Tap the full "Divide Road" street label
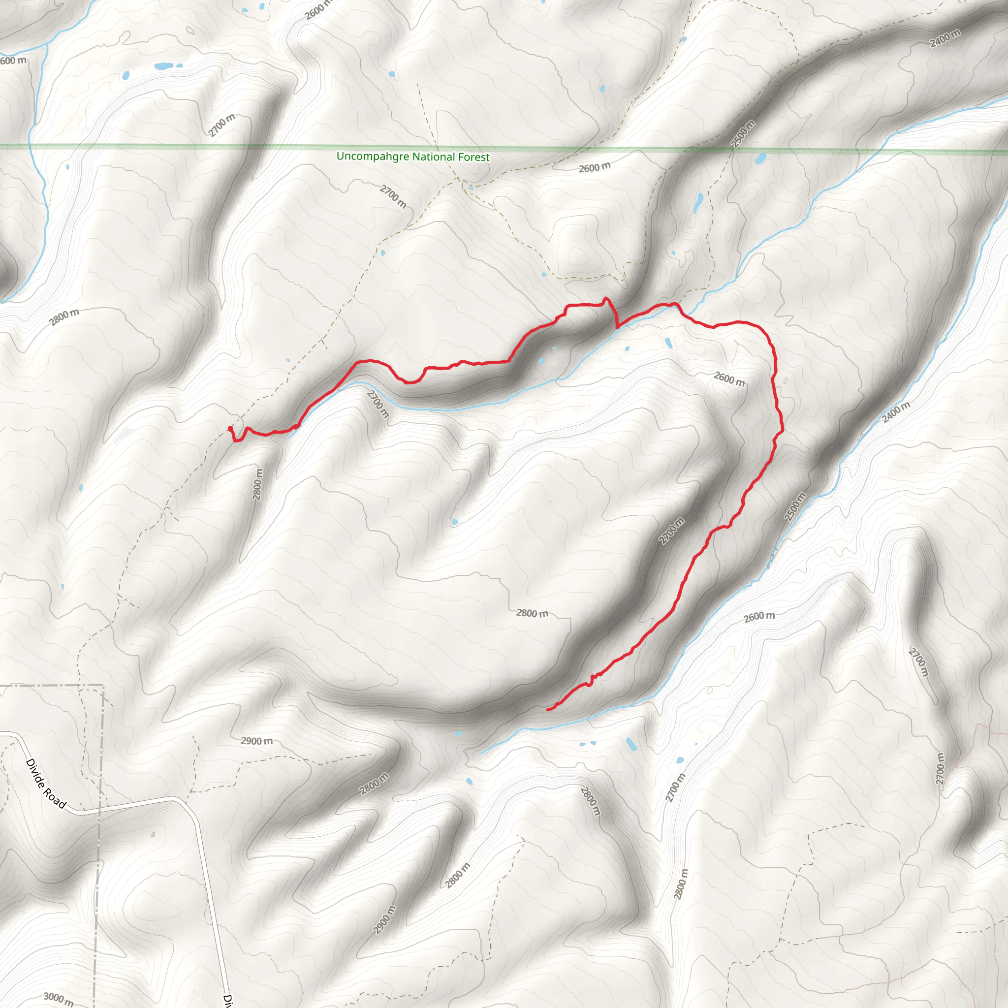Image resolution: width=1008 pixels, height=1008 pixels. tap(46, 783)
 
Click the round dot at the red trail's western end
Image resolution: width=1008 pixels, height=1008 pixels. tap(230, 428)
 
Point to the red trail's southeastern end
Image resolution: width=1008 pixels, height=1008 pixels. tap(547, 710)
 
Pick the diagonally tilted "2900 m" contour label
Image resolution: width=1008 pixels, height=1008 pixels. tap(384, 920)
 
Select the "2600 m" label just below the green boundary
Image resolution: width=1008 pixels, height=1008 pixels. tap(594, 167)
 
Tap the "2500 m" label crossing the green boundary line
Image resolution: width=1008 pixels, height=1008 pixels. tap(742, 134)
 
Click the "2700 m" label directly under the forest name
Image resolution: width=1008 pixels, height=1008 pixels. tap(393, 196)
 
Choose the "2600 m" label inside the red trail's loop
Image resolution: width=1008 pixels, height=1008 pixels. tap(729, 379)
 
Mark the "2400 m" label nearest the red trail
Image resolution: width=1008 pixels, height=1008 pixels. tap(896, 412)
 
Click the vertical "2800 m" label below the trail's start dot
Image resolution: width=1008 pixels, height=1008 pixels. tap(258, 484)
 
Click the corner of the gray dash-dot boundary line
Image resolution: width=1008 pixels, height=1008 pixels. tap(103, 685)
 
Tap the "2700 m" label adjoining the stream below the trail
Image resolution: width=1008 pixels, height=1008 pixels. tap(378, 404)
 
